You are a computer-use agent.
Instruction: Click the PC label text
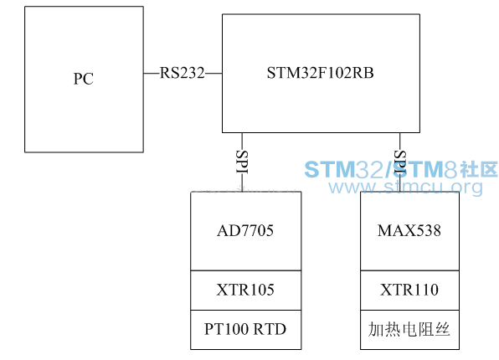coord(84,79)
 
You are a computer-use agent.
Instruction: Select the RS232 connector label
coord(182,73)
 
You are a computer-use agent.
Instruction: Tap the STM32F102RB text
coord(320,73)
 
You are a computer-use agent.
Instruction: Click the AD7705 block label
coord(245,231)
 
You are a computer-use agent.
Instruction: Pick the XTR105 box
coord(245,291)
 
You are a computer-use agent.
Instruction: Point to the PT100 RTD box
coord(245,330)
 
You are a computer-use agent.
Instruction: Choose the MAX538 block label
coord(409,231)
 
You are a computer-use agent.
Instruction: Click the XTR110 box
coord(409,291)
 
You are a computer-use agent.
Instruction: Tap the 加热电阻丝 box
coord(409,330)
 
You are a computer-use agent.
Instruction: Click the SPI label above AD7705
coord(242,162)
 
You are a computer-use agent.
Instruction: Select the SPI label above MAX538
coord(400,162)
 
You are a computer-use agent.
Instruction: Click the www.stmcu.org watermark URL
coord(405,188)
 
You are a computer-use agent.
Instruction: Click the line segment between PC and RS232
coord(152,73)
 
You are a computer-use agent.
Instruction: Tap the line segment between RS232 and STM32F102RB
coord(213,73)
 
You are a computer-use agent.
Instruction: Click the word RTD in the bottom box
coord(270,329)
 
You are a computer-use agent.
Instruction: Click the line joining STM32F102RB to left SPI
coord(242,141)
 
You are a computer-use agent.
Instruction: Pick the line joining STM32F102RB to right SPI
coord(400,141)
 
